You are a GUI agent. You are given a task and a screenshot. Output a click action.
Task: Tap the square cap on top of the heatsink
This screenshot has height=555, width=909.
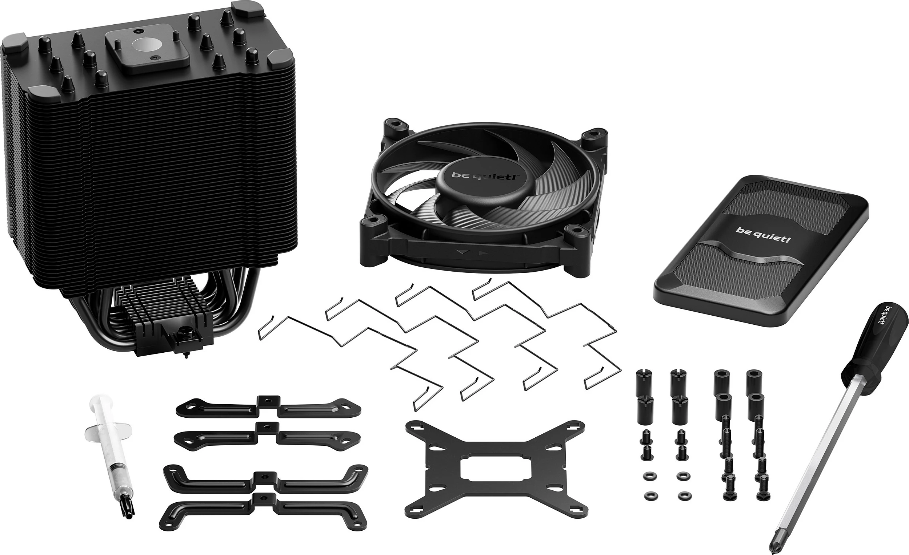coord(147,53)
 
